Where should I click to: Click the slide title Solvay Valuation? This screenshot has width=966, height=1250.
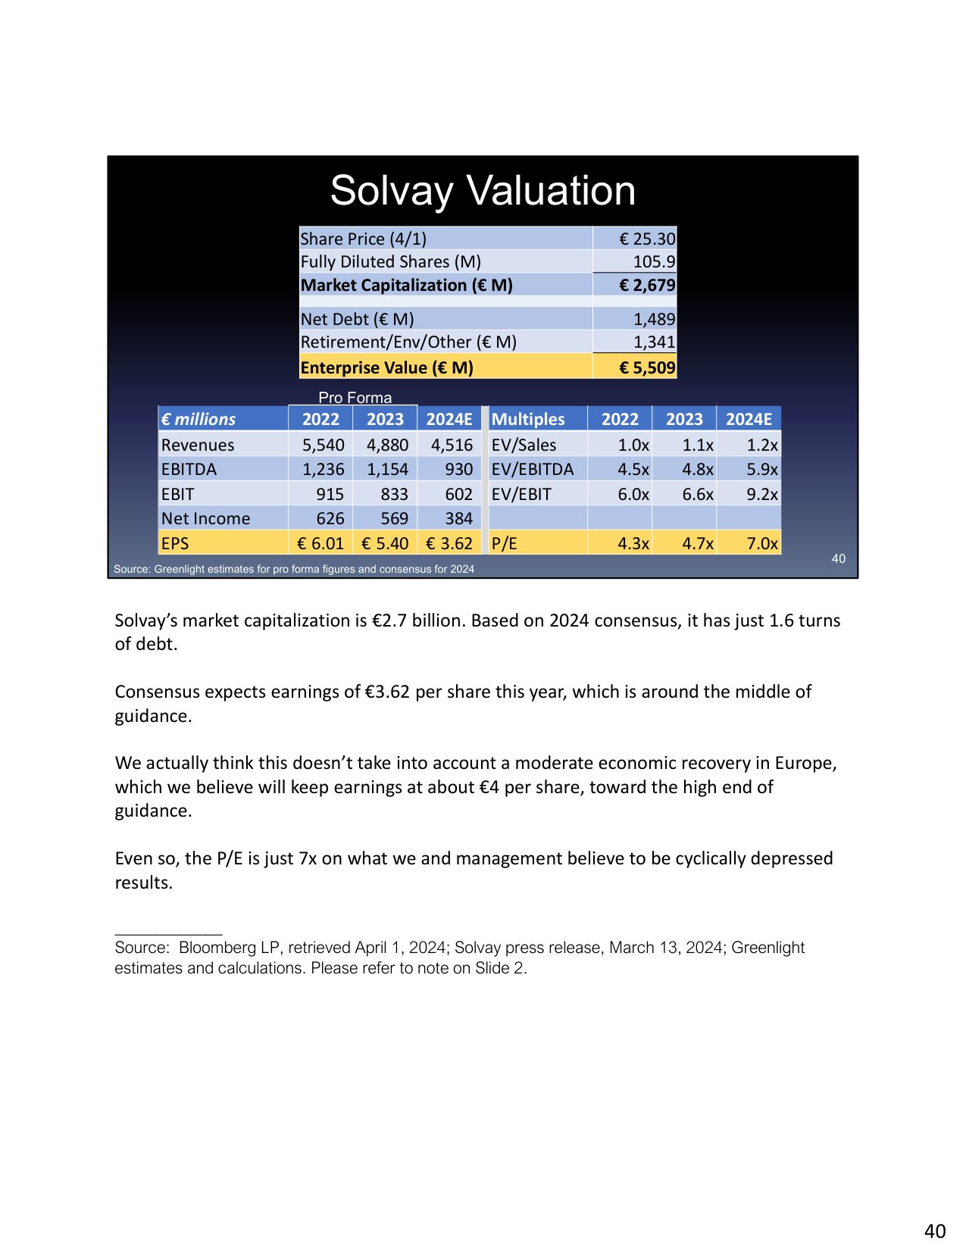coord(483,190)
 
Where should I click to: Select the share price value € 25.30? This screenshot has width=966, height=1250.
coord(646,239)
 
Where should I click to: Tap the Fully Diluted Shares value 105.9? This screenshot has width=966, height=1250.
coord(653,261)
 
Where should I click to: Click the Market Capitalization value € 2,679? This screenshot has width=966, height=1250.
coord(646,285)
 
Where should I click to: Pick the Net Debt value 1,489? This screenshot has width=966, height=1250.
coord(653,319)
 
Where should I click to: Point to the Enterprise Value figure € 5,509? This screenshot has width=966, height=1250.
coord(646,367)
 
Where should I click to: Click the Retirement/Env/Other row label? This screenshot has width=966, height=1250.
coord(408,342)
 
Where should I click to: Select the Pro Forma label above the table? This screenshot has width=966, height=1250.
coord(355,398)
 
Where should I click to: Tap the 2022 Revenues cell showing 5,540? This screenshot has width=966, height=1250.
coord(323,445)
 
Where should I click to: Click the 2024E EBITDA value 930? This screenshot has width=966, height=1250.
coord(458,469)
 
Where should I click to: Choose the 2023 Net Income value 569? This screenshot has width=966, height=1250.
coord(394,518)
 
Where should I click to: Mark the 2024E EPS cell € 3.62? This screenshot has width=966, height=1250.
coord(449,543)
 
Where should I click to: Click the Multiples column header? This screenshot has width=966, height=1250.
coord(528,419)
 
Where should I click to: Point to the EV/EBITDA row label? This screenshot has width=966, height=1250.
coord(532,469)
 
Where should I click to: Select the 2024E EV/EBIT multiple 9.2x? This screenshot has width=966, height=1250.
coord(761,494)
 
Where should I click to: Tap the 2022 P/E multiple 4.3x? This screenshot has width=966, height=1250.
coord(633,543)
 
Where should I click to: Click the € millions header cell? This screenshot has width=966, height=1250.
coord(199,419)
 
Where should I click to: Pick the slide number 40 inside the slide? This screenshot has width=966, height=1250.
coord(838,558)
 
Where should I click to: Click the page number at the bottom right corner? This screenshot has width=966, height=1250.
coord(935,1231)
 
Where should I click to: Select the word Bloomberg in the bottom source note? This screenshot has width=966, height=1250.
coord(217,947)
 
